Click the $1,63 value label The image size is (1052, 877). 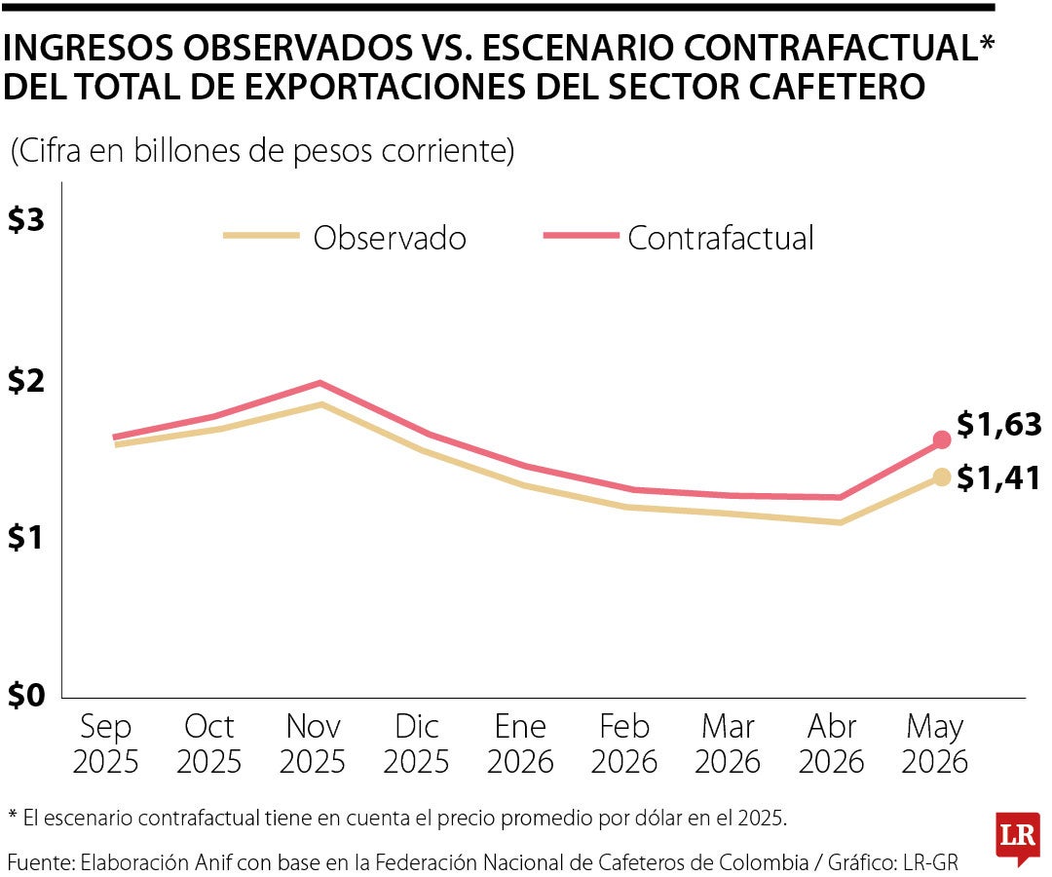tap(999, 424)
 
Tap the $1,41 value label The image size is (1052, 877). tap(998, 477)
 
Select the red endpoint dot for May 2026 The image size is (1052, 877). tap(942, 439)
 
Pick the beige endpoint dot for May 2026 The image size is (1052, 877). tap(942, 477)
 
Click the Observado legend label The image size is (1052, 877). tap(390, 238)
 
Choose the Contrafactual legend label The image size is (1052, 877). tap(721, 238)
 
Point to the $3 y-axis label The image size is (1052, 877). tap(26, 219)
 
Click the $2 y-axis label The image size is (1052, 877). tap(26, 380)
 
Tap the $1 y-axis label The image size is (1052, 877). tap(26, 537)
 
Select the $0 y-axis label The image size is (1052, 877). tap(26, 695)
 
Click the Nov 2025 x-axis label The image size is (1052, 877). tap(313, 744)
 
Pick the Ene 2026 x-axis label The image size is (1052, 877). tap(520, 744)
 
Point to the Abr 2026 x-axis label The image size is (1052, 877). tap(831, 744)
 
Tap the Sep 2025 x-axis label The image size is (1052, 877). tap(105, 744)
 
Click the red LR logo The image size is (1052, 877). tap(1018, 836)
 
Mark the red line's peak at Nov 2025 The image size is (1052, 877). tap(320, 383)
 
